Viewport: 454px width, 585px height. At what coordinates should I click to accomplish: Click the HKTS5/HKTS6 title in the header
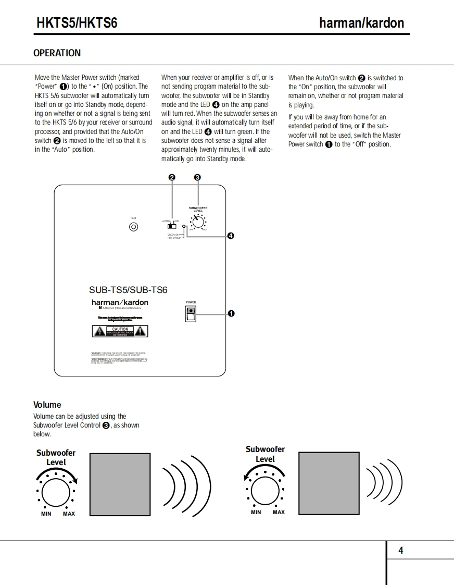(77, 23)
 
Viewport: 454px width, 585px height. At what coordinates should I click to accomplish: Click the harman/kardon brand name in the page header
(361, 23)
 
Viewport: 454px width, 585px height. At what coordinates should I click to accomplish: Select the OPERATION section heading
(57, 53)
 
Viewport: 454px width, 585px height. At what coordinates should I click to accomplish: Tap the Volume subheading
(47, 405)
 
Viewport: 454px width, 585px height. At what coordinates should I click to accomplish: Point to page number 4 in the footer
(400, 551)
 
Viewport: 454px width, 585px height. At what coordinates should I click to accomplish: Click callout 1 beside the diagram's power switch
(231, 313)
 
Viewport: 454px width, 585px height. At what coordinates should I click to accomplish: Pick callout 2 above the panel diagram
(172, 177)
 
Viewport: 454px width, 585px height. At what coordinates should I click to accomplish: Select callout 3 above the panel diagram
(197, 177)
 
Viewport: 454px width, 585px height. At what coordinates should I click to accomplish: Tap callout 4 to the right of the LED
(231, 236)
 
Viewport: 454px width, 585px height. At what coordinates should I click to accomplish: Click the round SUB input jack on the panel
(134, 227)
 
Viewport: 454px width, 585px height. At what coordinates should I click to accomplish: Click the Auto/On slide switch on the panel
(171, 226)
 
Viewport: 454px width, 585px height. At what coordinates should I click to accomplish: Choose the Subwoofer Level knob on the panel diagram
(198, 222)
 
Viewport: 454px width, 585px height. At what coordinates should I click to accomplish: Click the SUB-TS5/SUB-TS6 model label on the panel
(128, 290)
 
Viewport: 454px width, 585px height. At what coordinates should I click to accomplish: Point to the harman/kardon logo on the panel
(120, 302)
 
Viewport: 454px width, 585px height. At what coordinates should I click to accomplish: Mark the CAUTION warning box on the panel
(120, 331)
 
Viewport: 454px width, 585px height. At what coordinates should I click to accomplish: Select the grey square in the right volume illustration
(329, 482)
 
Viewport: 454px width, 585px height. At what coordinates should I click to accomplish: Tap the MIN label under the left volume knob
(46, 514)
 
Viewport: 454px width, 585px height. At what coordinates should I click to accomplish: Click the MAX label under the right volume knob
(279, 512)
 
